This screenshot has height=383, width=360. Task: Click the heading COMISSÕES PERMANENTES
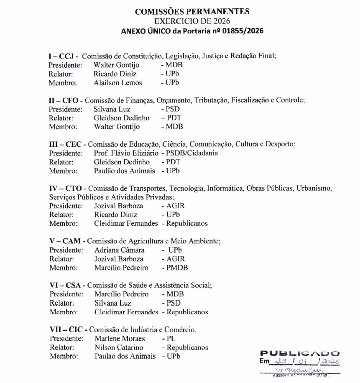(x=192, y=12)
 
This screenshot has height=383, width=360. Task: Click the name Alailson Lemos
(x=117, y=83)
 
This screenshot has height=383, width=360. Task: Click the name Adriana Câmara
(x=120, y=250)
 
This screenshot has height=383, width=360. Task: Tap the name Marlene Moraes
(x=120, y=338)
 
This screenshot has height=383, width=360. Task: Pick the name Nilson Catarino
(x=119, y=347)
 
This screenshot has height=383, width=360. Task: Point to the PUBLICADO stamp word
(x=300, y=354)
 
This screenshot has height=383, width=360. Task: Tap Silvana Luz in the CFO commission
(x=112, y=109)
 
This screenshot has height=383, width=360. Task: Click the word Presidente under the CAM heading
(x=66, y=250)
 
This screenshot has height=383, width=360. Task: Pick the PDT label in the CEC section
(x=174, y=162)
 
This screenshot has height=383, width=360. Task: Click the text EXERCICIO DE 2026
(x=192, y=21)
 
